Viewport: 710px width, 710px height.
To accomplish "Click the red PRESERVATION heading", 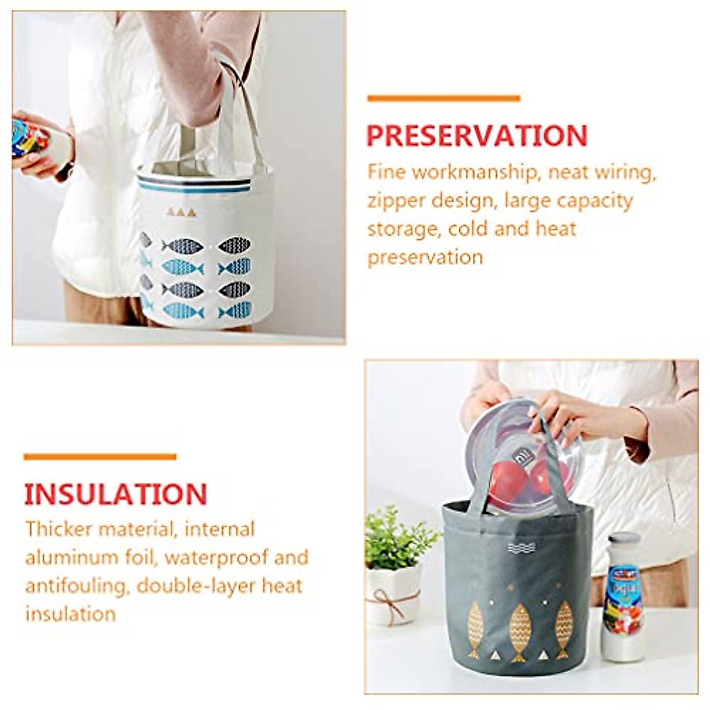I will pos(477,135).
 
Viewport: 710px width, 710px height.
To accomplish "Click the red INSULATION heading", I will pos(115,494).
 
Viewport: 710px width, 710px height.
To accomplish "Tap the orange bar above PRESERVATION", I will pos(443,98).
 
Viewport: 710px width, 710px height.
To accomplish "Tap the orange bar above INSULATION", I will pos(100,457).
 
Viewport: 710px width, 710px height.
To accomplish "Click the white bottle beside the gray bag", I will pos(622,598).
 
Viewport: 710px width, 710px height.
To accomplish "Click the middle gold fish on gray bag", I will pos(519,628).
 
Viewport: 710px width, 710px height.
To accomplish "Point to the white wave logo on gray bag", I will pos(521,548).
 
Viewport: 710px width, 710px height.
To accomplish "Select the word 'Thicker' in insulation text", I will pos(57,529).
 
